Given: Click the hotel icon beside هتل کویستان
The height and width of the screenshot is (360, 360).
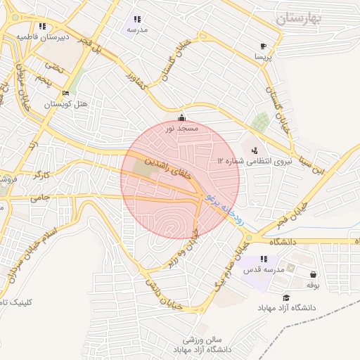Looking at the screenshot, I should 66,93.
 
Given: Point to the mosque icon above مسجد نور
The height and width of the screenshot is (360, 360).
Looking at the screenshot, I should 182,117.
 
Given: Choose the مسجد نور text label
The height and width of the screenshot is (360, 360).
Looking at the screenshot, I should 182,129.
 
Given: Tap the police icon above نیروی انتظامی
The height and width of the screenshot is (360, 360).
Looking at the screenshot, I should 254,150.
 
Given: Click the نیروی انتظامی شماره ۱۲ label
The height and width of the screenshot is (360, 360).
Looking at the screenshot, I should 255,162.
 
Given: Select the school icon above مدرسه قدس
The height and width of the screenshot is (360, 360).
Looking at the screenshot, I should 264,259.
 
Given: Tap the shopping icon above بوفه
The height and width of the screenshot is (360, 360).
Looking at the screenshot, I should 313,274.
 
